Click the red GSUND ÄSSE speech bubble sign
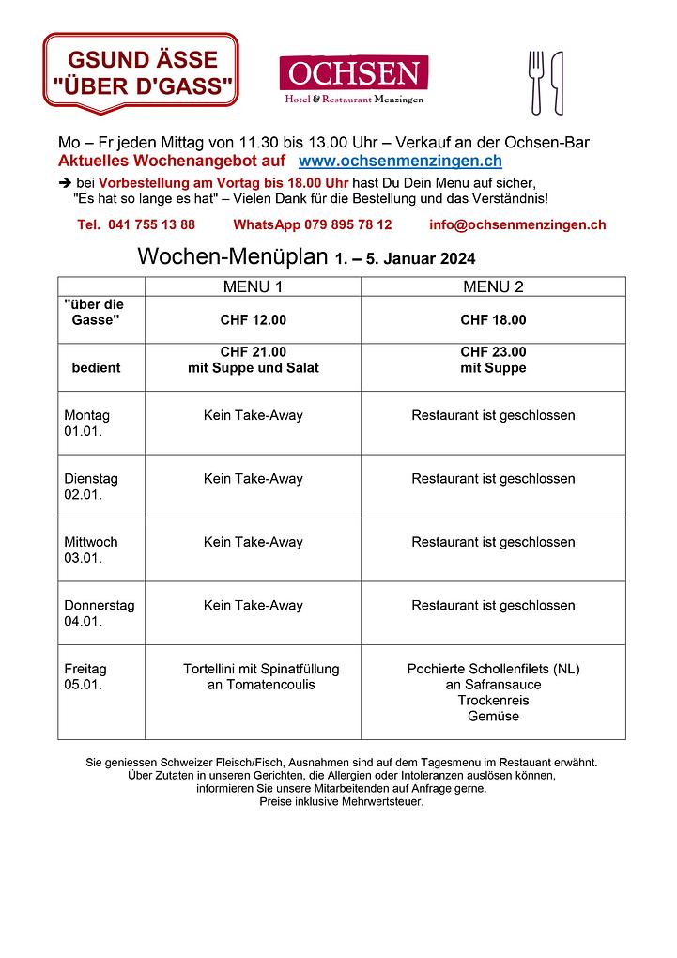coord(141,70)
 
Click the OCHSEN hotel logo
coord(353,79)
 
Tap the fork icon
coord(537,82)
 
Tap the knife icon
coord(557,82)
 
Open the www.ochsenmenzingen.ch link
coord(400,162)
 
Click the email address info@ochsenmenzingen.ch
coord(517,224)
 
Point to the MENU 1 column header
coord(253,286)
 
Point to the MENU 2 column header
coord(493,286)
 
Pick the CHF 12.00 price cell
coord(253,320)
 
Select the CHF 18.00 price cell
coord(493,320)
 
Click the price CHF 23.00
coord(493,352)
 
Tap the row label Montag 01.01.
coord(86,423)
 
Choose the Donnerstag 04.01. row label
coord(99,613)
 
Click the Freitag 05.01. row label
coord(85,677)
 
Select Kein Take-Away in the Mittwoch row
coord(253,542)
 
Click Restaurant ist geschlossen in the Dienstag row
coord(493,479)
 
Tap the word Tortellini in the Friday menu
coord(211,670)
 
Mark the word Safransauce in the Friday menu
coord(502,685)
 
